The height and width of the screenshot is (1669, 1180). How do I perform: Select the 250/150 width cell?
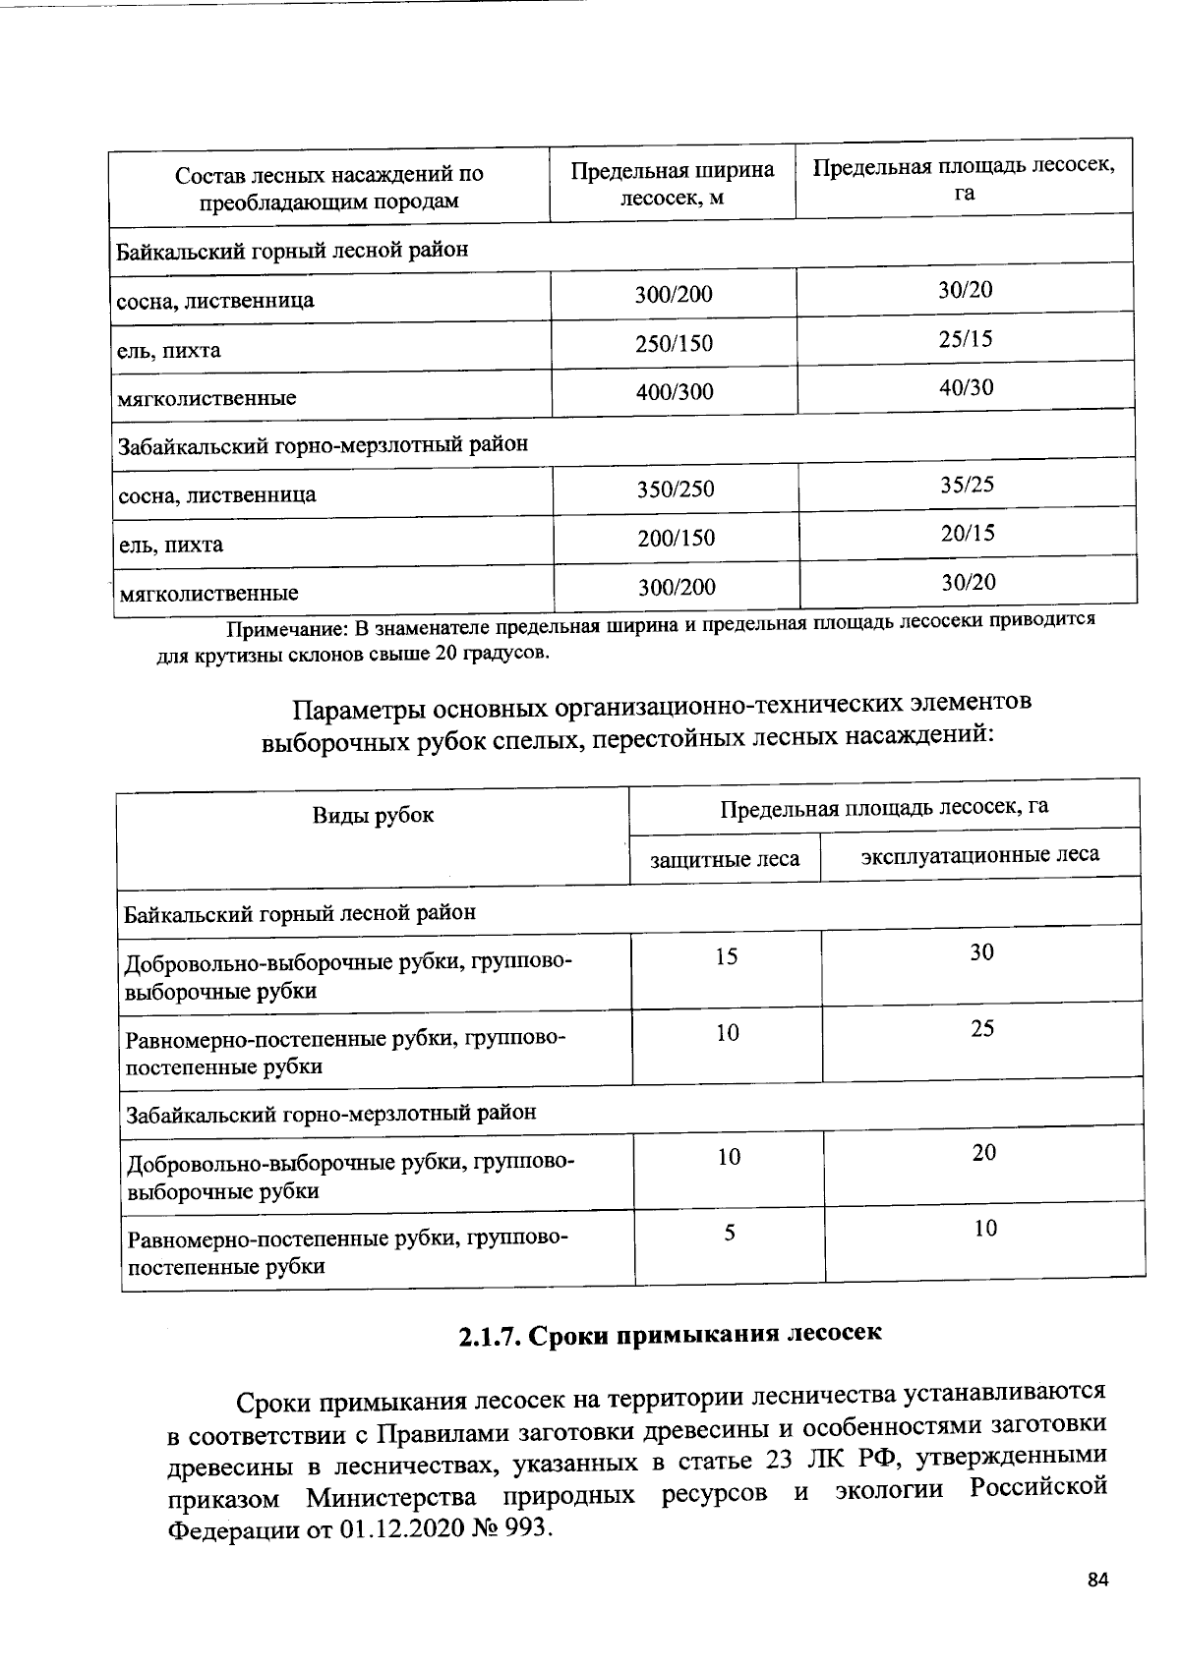coord(674,344)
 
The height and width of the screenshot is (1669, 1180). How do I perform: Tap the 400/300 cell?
coord(675,392)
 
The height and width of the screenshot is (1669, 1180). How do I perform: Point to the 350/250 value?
coord(676,489)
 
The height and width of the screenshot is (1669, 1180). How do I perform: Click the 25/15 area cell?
coord(966,339)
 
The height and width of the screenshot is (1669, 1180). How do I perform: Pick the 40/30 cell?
coord(967,387)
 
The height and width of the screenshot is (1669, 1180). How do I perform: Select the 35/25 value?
coord(968,485)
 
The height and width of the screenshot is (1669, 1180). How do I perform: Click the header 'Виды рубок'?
coord(373,815)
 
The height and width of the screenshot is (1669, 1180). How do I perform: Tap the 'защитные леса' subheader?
coord(725,859)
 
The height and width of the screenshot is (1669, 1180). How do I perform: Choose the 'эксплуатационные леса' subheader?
coord(980,854)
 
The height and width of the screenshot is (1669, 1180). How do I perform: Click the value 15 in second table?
coord(727,956)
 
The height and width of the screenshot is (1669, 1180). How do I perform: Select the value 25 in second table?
coord(982,1028)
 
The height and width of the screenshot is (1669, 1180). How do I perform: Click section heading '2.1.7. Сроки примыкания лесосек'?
coord(671,1334)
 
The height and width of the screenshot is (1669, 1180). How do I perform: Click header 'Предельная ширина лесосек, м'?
coord(673,184)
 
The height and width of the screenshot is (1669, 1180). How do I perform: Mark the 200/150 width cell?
coord(676,539)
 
